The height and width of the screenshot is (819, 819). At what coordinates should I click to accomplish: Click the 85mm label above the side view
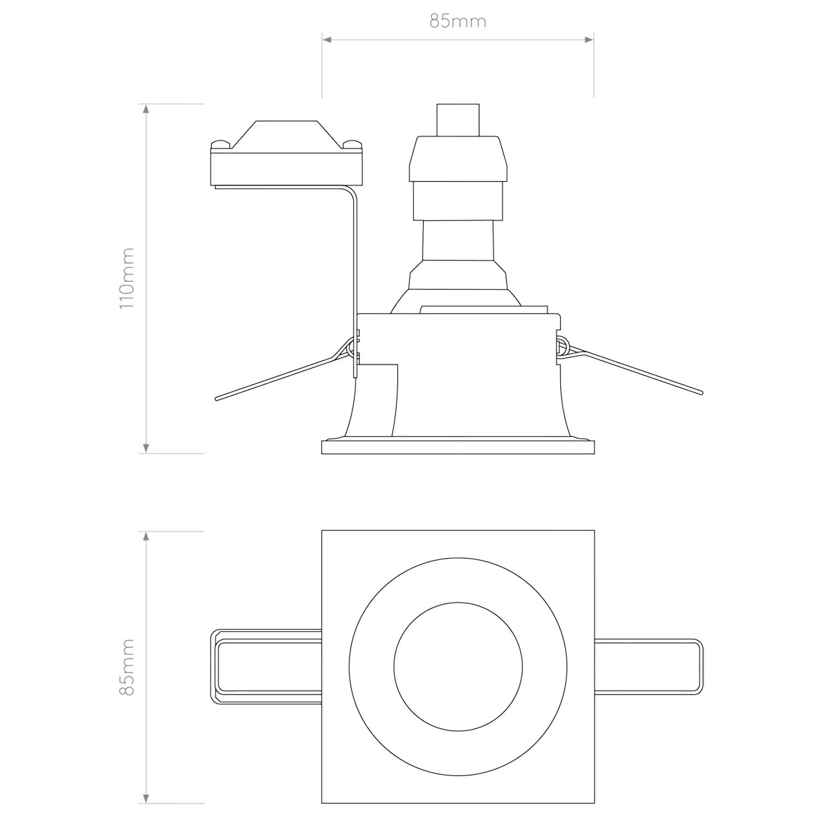[x=458, y=21]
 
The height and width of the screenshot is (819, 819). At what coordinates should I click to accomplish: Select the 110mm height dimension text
[x=127, y=278]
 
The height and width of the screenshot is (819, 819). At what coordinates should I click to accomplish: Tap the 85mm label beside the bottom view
[x=127, y=667]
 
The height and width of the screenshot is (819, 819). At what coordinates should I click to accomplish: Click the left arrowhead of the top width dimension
[x=327, y=39]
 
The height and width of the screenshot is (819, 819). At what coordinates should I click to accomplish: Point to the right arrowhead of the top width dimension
[x=589, y=39]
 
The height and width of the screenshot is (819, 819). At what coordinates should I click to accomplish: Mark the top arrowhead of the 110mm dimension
[x=146, y=109]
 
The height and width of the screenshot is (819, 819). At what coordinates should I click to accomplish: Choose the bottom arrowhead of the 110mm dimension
[x=146, y=448]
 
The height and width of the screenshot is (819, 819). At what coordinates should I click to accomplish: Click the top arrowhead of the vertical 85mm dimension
[x=146, y=536]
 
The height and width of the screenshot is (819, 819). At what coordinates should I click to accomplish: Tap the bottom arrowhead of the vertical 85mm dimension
[x=146, y=798]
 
